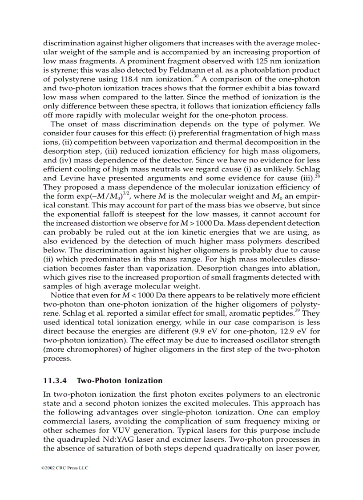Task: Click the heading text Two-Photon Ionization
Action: coord(120,381)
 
